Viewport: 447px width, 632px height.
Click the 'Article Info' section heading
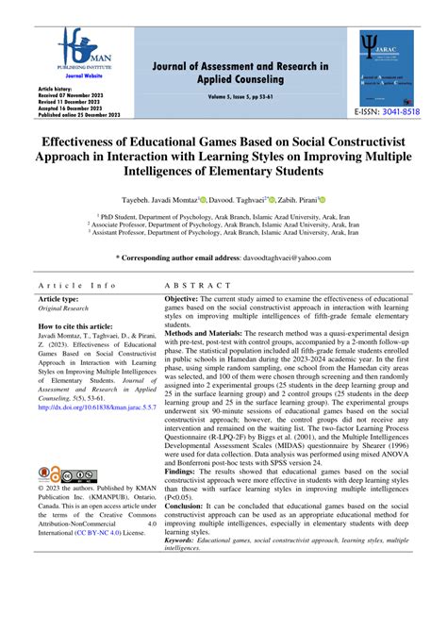tap(77, 284)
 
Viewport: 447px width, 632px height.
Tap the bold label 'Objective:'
tap(186, 298)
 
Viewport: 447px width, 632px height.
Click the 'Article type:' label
tap(64, 298)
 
